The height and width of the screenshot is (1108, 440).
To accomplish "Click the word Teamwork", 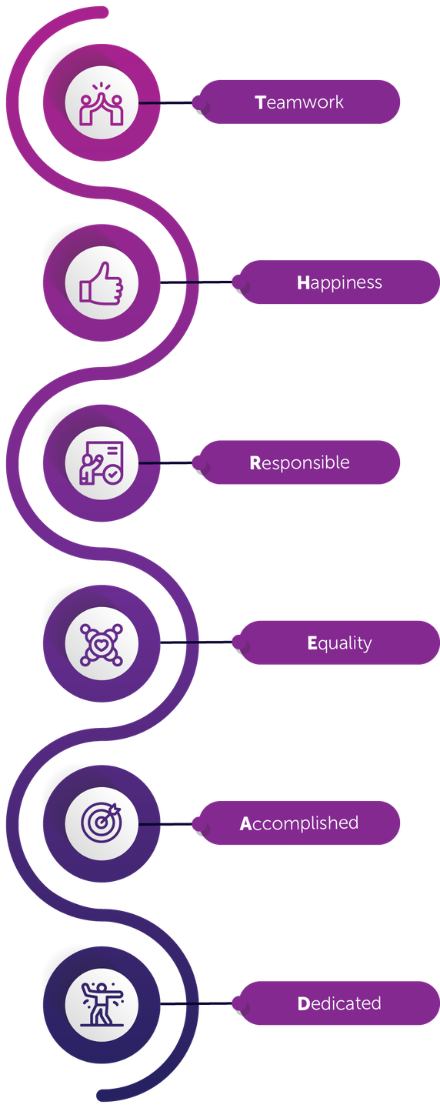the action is click(299, 102).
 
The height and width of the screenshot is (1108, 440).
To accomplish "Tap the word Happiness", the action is click(340, 283).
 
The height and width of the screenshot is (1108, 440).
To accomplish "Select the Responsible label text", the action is click(299, 462).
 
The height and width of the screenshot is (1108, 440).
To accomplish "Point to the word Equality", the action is click(340, 643).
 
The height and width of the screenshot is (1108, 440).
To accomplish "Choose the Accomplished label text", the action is click(299, 823).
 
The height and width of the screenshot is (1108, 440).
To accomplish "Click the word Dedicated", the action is click(340, 1003).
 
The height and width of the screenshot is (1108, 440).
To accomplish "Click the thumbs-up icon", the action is click(102, 283).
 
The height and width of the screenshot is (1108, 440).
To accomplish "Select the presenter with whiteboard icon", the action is click(102, 463).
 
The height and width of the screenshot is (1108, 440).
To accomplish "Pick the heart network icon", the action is click(102, 644).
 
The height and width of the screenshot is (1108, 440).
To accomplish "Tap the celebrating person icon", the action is click(102, 1004).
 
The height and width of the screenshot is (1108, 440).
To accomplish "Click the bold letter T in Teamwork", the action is click(261, 102).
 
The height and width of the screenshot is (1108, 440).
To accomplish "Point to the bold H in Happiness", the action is click(303, 283).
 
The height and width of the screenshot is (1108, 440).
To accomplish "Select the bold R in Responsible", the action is click(255, 463).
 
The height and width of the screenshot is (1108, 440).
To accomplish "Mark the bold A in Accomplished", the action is click(245, 823).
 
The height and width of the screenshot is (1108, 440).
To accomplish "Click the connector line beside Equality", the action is click(196, 642).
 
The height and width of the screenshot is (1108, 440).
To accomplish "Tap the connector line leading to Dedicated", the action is click(196, 1003).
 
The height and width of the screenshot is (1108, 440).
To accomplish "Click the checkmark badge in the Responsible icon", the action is click(114, 475).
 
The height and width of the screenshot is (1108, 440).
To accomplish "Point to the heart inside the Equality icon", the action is click(101, 645).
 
